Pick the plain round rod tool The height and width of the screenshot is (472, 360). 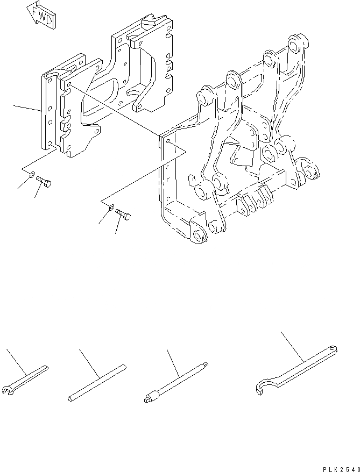click(x=97, y=383)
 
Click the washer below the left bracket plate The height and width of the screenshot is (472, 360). click(x=32, y=175)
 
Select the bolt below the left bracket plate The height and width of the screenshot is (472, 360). click(x=44, y=184)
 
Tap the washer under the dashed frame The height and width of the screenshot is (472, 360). click(x=110, y=206)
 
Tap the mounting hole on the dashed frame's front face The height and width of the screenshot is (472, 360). click(x=168, y=141)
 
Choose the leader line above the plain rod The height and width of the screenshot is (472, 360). click(x=88, y=360)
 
